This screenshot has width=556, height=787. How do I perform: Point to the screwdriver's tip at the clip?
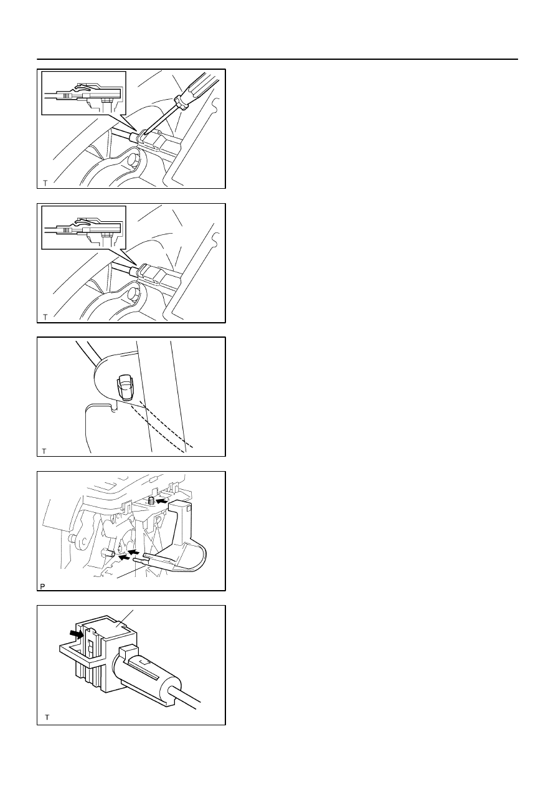[x=144, y=133]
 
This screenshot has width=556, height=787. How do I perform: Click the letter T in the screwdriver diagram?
[x=45, y=183]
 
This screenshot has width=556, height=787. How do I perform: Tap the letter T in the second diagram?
[x=45, y=317]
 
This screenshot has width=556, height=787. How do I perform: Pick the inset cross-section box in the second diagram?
[x=83, y=227]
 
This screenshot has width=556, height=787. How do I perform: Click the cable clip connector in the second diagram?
[x=153, y=274]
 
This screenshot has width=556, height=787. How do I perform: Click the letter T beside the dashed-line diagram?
[x=44, y=452]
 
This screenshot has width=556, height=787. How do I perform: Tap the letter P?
[x=43, y=586]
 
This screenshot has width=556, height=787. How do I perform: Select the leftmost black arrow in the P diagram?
[x=123, y=557]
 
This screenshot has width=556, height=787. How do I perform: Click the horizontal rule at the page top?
[x=277, y=59]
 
